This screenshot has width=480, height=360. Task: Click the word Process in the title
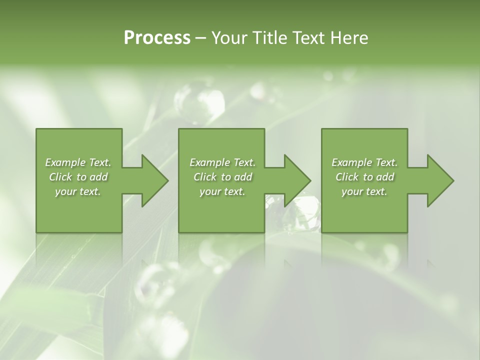coord(157,38)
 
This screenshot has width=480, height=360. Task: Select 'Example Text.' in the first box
coord(78,162)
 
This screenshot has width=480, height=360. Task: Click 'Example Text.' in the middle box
coord(222,162)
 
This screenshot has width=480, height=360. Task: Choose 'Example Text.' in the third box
coord(364,162)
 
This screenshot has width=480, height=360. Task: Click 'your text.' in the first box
coord(78,191)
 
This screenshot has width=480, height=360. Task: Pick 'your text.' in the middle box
coord(222,191)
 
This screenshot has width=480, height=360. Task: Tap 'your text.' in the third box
coord(364,191)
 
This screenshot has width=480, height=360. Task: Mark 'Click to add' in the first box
coord(78,177)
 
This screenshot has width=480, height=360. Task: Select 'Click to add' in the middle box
coord(222,177)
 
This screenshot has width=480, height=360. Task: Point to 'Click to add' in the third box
coord(364,177)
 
